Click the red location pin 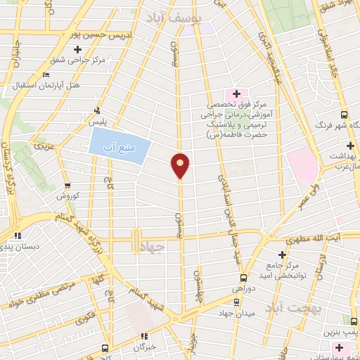181,165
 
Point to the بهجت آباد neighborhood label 288,308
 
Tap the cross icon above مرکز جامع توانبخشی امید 283,254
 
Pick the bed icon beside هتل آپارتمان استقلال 46,75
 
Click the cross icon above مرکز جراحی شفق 77,49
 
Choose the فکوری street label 87,319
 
